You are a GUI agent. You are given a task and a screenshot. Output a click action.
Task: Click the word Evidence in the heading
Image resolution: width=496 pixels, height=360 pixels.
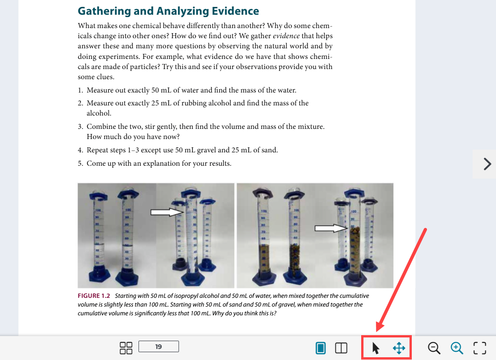pos(235,11)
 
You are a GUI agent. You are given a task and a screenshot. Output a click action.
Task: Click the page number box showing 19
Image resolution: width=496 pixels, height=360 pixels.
pos(158,346)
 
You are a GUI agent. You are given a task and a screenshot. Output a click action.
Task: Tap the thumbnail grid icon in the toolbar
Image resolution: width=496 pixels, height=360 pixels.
pos(126,348)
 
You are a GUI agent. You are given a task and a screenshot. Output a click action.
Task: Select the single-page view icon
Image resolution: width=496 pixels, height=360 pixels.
pos(320,348)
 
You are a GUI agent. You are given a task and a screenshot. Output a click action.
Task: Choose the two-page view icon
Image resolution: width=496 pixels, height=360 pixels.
pos(341,348)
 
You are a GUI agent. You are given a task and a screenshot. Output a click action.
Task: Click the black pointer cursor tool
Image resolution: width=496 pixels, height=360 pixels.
pos(375,348)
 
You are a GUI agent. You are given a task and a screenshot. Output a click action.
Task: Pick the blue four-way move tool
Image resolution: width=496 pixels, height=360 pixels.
pos(399,348)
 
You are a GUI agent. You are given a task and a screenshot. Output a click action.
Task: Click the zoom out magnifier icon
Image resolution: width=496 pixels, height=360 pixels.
pos(434,348)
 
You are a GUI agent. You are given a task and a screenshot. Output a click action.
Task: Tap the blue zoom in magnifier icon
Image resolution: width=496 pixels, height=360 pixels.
pos(457,348)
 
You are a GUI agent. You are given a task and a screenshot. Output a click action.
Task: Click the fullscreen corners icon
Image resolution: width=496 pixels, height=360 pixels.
pos(479,348)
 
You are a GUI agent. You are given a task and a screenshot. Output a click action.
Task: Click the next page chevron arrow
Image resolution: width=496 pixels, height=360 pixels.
pos(487,164)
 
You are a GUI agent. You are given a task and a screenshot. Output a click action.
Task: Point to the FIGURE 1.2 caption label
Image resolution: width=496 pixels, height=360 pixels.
pos(94,296)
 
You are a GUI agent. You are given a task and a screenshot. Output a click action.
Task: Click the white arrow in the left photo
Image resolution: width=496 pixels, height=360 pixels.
pos(167,212)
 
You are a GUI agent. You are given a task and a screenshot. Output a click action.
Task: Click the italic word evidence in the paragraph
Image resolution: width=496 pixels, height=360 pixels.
pos(286,36)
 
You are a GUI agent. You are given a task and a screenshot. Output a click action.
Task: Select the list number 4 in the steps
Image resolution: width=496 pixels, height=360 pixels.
pos(80,150)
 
